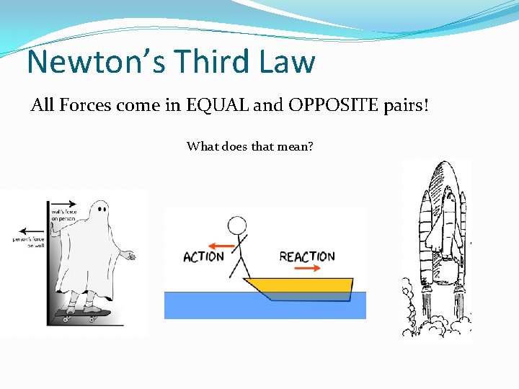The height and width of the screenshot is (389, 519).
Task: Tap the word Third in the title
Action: (x=201, y=62)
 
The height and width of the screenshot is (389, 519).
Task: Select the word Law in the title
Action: (x=286, y=62)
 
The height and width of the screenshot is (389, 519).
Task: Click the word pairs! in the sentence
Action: (x=404, y=107)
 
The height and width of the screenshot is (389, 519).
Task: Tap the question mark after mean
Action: (x=309, y=147)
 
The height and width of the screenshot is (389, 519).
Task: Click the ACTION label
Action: (x=203, y=256)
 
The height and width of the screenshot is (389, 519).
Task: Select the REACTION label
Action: (x=307, y=256)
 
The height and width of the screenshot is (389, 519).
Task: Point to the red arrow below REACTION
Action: (x=308, y=268)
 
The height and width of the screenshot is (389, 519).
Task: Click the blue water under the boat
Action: (x=216, y=306)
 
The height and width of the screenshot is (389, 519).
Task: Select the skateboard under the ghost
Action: (x=84, y=313)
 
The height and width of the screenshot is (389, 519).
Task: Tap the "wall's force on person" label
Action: (x=63, y=215)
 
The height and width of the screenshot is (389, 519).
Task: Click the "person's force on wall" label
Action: (x=28, y=242)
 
